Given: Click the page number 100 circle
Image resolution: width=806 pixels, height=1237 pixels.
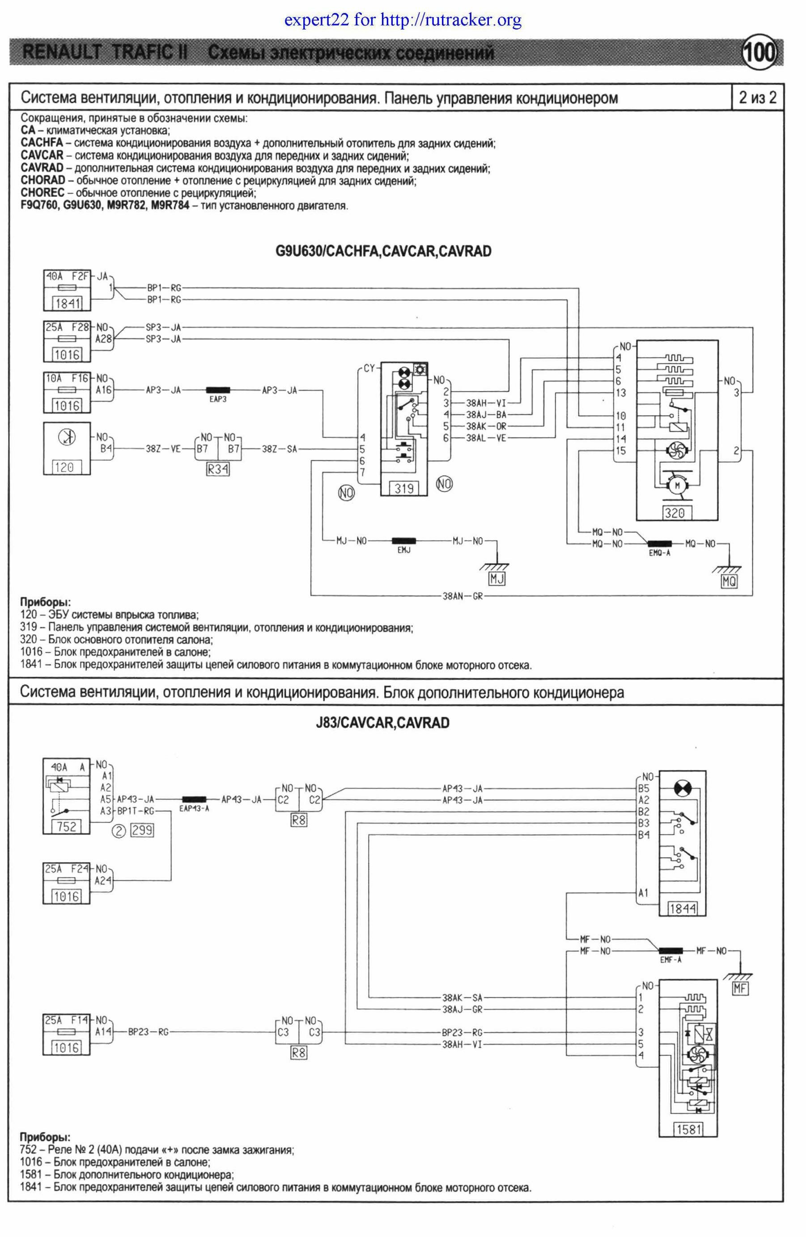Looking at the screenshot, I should coord(760,52).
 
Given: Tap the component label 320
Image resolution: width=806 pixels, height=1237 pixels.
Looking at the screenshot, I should coord(674,513).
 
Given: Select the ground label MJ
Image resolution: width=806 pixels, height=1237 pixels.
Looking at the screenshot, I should coord(496,578).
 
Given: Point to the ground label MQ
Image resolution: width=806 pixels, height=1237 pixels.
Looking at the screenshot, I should coord(729,581).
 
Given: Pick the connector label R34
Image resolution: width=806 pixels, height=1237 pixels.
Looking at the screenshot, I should coord(218,469).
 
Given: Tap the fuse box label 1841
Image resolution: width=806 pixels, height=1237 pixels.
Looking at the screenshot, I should coord(67,303).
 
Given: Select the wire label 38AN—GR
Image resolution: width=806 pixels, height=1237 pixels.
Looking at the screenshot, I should coord(462,596).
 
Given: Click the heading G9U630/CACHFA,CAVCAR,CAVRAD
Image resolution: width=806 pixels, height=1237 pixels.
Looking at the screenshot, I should coord(383,251).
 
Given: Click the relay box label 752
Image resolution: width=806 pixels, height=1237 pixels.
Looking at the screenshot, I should coord(67,826).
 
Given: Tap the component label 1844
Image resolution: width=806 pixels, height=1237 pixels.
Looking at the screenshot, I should coord(682,908).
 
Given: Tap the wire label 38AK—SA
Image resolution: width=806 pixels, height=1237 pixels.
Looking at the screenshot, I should coord(462,997).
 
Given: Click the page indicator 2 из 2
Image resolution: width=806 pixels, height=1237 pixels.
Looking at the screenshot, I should coord(757,97).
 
